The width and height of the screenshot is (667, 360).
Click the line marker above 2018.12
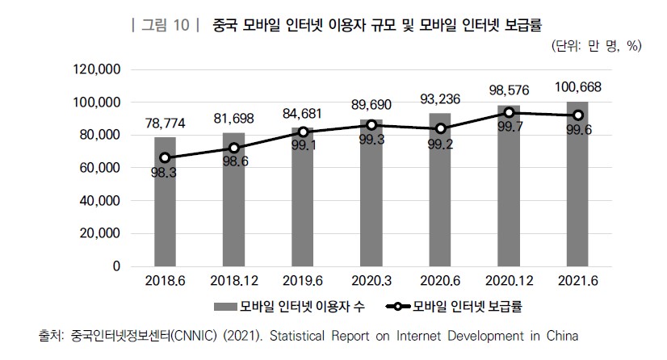click(233, 148)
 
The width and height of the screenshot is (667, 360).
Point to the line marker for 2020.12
click(509, 113)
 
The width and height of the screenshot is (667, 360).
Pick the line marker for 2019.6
click(303, 132)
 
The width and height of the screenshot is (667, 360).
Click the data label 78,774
click(165, 124)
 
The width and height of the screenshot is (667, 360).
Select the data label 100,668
click(577, 87)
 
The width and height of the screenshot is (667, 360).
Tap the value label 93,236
click(440, 99)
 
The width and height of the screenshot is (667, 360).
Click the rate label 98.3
click(165, 173)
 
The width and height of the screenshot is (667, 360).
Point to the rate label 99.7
click(509, 128)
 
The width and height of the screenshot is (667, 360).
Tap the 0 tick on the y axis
click(116, 266)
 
